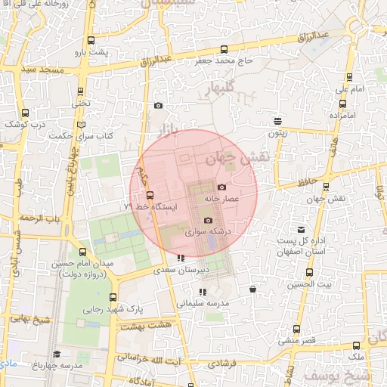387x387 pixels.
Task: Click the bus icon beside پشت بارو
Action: click(x=91, y=40)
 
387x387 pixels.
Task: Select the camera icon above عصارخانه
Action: click(x=221, y=187)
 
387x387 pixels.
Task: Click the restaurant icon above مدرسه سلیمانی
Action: click(x=202, y=291)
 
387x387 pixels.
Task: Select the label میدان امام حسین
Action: click(x=82, y=264)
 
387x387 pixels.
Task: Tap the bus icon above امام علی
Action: click(x=348, y=77)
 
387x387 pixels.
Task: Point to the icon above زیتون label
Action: click(x=278, y=120)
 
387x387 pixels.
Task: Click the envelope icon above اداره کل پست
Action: click(x=302, y=229)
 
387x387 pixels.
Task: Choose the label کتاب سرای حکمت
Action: click(x=82, y=136)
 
